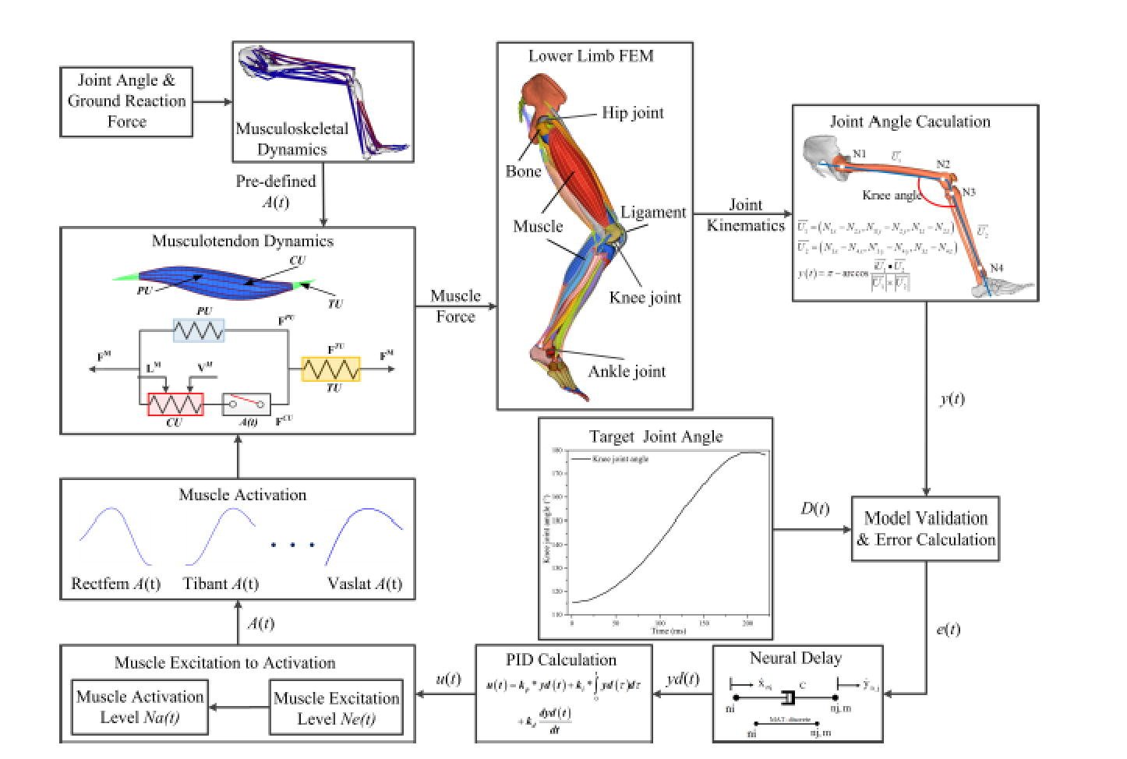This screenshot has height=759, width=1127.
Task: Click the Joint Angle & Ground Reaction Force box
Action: (126, 101)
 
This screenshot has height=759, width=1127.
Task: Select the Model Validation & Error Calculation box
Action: (926, 529)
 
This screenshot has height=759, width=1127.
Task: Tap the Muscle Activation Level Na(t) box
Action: (140, 707)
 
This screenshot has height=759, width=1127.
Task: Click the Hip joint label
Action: (632, 113)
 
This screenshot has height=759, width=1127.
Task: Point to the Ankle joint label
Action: (627, 372)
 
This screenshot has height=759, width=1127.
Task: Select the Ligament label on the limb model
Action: (653, 212)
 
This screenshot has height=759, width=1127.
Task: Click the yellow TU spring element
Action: (331, 369)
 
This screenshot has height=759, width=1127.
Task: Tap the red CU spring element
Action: (175, 404)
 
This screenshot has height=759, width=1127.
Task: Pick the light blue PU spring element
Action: (199, 330)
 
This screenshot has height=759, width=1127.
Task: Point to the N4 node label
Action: (997, 269)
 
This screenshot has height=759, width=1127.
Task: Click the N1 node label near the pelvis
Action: (859, 154)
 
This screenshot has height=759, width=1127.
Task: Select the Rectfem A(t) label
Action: (116, 584)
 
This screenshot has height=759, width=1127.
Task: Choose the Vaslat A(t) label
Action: (365, 584)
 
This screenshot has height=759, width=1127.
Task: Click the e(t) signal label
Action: (948, 629)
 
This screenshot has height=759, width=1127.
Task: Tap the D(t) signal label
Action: (815, 509)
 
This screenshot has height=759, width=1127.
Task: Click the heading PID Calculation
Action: (561, 660)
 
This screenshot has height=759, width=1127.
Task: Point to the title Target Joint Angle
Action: (655, 436)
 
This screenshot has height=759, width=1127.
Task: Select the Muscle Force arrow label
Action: (455, 306)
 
